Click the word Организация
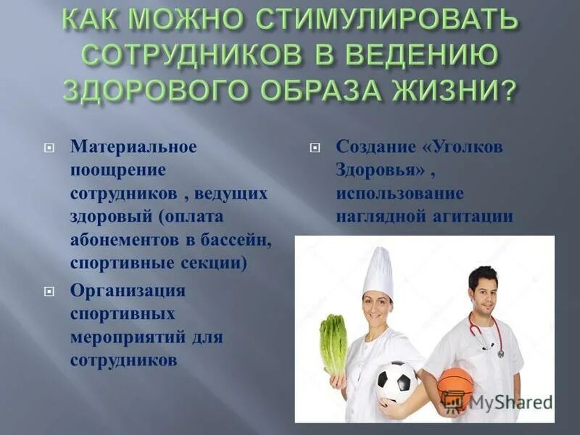coord(128,291)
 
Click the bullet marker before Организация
coord(49,291)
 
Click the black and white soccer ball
coord(395,381)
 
